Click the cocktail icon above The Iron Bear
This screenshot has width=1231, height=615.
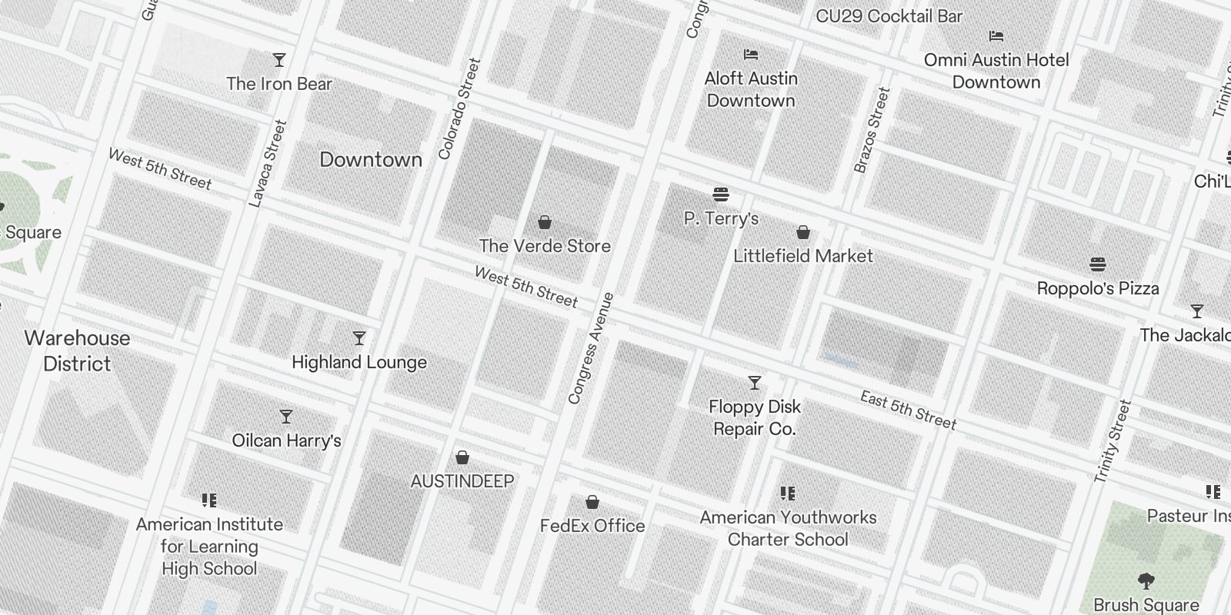tap(279, 60)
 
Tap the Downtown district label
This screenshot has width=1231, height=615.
tap(371, 160)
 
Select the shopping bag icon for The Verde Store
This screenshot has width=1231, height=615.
tap(545, 223)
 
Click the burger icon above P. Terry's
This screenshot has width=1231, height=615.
tap(721, 194)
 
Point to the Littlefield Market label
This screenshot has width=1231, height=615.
tap(803, 256)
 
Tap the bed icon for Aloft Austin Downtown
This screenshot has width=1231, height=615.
tap(751, 55)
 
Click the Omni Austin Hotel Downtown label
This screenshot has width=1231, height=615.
tap(996, 71)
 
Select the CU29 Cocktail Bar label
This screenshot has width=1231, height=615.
tap(889, 16)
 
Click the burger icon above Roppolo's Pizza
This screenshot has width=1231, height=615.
tap(1098, 265)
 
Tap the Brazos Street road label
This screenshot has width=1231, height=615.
tap(872, 130)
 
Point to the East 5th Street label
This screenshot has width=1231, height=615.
tap(909, 411)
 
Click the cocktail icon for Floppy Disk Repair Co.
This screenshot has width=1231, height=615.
tap(755, 383)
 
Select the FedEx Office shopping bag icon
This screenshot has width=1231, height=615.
tap(592, 503)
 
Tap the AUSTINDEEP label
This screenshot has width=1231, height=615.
tap(462, 481)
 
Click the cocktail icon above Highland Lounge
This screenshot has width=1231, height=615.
tap(359, 338)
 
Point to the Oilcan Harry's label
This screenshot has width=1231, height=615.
tap(286, 441)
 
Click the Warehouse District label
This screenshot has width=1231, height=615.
tap(77, 351)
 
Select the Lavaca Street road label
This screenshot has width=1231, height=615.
tap(268, 163)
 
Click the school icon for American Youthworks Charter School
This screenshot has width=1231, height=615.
tap(787, 494)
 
